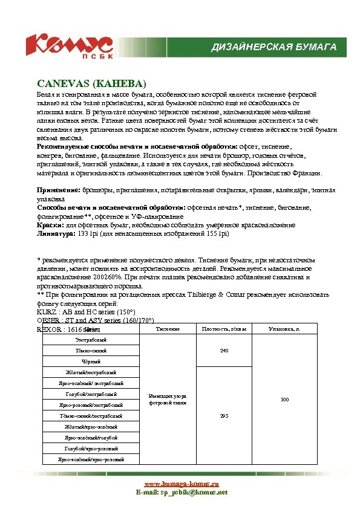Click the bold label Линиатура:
click(56, 232)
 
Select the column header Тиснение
click(168, 329)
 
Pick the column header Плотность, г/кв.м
click(224, 329)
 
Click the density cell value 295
click(224, 416)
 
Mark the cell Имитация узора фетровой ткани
click(168, 399)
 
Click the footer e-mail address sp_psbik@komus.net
click(181, 493)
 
